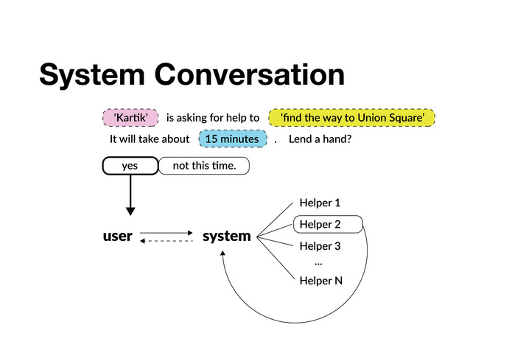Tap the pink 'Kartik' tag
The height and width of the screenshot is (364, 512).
(x=130, y=118)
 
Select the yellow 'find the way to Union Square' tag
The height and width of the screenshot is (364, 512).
(x=352, y=118)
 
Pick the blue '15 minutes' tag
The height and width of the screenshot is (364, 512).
(x=232, y=139)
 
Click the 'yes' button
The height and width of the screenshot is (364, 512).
(x=130, y=166)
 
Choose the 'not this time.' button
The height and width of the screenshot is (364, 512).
(x=204, y=166)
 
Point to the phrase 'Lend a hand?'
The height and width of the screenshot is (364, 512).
(x=320, y=139)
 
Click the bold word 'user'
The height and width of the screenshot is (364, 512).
(x=117, y=237)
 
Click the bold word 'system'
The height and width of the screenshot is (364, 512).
(x=226, y=237)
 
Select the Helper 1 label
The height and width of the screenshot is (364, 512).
(x=320, y=203)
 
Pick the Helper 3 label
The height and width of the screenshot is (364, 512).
(x=320, y=246)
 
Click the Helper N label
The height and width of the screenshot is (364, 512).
(x=320, y=280)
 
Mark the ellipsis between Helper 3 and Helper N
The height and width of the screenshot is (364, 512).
(x=318, y=262)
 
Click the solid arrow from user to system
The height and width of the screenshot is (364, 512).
(x=166, y=233)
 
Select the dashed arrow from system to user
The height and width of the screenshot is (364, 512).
(x=166, y=241)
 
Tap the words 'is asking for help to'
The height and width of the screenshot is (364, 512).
(x=213, y=118)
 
